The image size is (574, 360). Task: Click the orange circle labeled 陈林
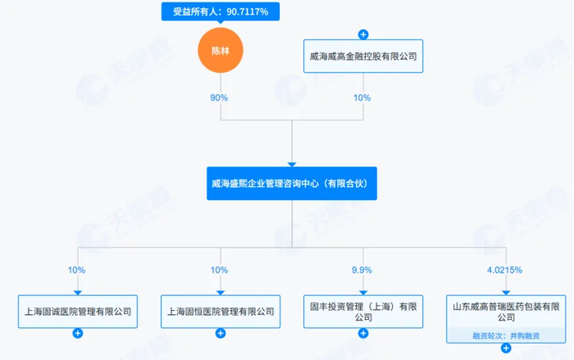(221, 50)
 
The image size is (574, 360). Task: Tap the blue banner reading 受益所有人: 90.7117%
(221, 11)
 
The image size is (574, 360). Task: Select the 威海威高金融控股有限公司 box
(363, 56)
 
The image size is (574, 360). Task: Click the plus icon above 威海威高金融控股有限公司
(363, 34)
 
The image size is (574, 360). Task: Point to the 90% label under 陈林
(219, 98)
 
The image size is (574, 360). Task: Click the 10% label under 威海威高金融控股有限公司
(362, 98)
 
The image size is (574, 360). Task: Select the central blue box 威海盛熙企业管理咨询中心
(292, 184)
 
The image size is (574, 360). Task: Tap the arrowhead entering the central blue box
(292, 165)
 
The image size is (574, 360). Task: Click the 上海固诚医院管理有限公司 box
(78, 312)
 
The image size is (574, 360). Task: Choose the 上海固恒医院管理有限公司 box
(221, 312)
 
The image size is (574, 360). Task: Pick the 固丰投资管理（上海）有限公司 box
(363, 312)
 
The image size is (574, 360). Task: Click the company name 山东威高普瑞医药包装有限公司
(506, 312)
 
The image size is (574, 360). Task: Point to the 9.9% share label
(362, 270)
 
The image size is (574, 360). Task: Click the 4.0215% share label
(504, 270)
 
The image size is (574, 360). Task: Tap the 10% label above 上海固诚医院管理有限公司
(76, 270)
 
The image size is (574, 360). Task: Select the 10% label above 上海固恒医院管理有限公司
(219, 270)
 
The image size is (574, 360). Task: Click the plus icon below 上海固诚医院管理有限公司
(78, 333)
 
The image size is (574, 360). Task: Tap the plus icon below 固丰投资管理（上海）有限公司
(363, 333)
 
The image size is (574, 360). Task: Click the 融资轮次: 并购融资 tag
(506, 335)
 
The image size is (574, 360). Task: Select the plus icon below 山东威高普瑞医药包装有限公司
(506, 349)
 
